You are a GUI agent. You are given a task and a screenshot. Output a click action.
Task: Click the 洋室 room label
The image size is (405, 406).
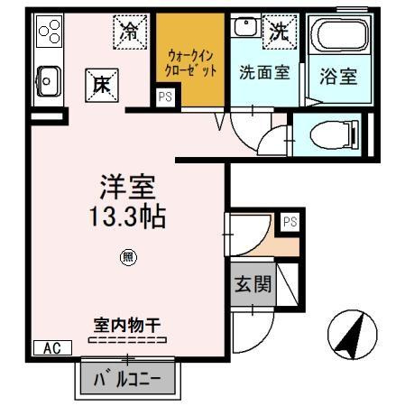tap(127, 188)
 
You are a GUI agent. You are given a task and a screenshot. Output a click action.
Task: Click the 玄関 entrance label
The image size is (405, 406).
tap(253, 286)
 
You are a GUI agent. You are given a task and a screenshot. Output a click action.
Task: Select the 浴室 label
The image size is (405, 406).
tap(337, 76)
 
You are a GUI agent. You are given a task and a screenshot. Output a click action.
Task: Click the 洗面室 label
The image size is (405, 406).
tap(264, 72)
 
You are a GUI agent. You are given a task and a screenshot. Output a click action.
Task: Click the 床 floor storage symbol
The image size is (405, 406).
tap(99, 83)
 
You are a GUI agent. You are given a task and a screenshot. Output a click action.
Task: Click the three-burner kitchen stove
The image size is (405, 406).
tap(48, 34)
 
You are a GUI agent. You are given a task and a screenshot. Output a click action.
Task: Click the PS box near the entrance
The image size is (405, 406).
tap(290, 220)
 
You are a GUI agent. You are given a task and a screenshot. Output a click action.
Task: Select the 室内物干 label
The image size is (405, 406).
tap(127, 323)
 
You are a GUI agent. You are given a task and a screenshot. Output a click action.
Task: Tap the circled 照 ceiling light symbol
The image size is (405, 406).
tap(127, 257)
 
